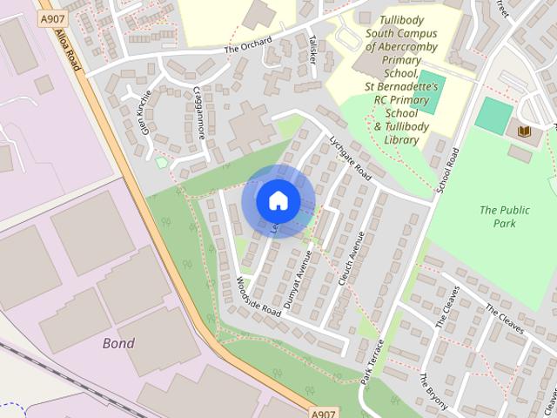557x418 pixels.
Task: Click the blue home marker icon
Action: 278,200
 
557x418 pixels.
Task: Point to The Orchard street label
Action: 248,45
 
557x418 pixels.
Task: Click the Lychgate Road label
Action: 350,158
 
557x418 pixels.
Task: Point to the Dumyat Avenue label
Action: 297,280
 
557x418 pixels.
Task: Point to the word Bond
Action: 118,343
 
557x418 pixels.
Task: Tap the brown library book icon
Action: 524,131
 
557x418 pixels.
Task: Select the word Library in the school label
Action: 401,139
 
